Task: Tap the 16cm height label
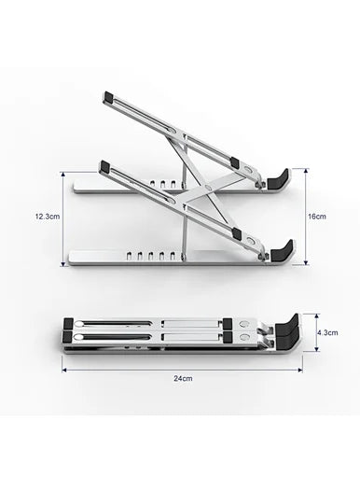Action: pos(317,217)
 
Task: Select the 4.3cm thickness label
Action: pos(326,331)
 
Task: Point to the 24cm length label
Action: pos(182,378)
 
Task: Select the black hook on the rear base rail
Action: pos(280,177)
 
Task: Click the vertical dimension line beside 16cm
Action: pos(305,217)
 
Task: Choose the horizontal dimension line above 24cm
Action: pos(182,367)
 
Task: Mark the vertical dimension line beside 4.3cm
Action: pos(313,331)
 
